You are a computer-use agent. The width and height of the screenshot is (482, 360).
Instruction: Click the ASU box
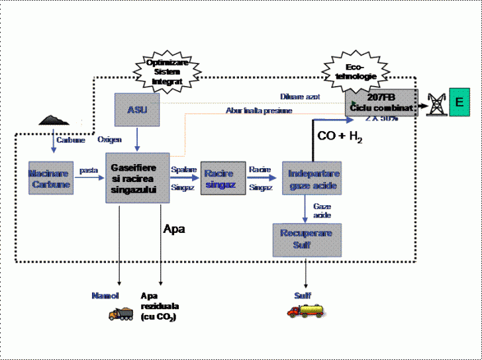pos(137,109)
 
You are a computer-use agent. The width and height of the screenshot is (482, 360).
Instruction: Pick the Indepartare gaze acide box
pos(313,179)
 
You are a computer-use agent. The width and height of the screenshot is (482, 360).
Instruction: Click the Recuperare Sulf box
pos(306,239)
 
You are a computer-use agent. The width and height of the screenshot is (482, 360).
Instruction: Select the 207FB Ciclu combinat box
pos(381,102)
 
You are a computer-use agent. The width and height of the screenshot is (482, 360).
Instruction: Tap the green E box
pos(459,102)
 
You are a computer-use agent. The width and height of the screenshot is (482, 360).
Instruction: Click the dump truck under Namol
pos(120,314)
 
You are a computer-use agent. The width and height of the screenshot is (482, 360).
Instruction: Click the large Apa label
pos(174,229)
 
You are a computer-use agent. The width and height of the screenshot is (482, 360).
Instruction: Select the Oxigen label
pos(110,140)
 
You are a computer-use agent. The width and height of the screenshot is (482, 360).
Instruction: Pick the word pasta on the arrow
pos(89,171)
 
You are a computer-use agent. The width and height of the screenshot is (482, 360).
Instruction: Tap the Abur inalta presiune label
pos(259,111)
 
